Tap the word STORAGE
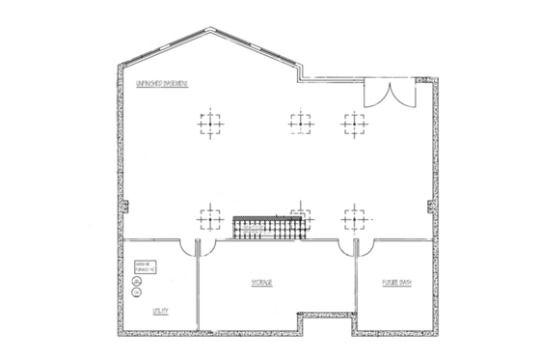point(262,283)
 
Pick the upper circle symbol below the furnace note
point(136,282)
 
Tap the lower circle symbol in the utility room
point(136,292)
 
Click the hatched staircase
point(268,227)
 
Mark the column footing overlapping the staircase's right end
point(301,215)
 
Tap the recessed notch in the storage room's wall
point(324,321)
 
